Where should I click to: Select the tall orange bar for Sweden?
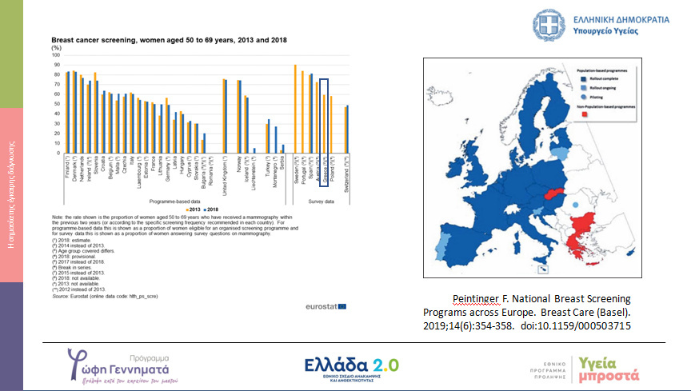tap(295, 108)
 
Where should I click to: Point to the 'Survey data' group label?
tap(320, 202)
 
